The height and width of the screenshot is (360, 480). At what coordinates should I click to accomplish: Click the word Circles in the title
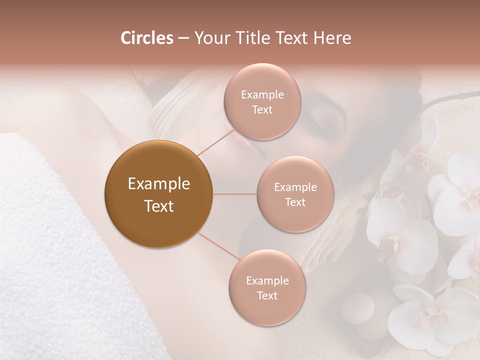pyautogui.click(x=146, y=38)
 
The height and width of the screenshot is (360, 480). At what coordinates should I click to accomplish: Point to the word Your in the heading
pyautogui.click(x=209, y=38)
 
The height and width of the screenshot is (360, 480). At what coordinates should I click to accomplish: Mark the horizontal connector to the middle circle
pyautogui.click(x=235, y=194)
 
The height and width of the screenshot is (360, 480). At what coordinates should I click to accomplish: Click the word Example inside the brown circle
pyautogui.click(x=158, y=184)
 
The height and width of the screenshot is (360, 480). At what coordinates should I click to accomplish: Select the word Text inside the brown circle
pyautogui.click(x=158, y=206)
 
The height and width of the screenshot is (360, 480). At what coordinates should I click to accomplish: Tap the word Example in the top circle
pyautogui.click(x=262, y=95)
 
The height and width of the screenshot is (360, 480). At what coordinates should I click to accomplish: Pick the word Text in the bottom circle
pyautogui.click(x=267, y=296)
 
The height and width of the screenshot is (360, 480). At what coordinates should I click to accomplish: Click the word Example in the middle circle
pyautogui.click(x=295, y=187)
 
